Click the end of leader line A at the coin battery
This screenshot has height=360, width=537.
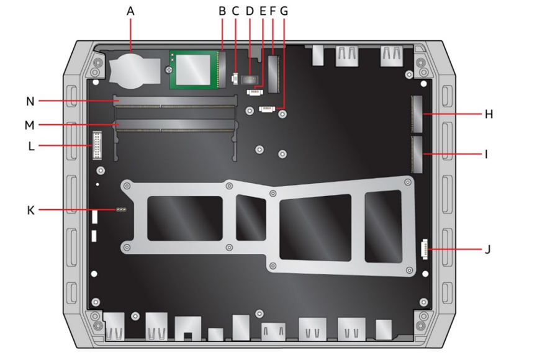tap(131, 52)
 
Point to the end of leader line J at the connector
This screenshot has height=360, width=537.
tap(428, 250)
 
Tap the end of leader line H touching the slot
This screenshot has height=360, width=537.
tap(423, 114)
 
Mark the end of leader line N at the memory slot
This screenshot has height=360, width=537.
tap(118, 101)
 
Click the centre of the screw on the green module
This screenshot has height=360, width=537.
tap(168, 70)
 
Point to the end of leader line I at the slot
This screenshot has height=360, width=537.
tap(423, 154)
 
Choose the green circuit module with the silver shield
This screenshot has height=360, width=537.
tap(194, 70)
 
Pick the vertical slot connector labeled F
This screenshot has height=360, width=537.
tap(274, 74)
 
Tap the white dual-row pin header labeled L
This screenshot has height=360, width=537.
tap(97, 145)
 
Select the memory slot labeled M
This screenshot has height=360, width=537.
tap(175, 125)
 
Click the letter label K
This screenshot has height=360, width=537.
tap(31, 210)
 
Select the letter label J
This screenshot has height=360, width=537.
tap(488, 250)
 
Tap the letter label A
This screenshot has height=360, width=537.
tap(130, 11)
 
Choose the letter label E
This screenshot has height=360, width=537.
tap(263, 11)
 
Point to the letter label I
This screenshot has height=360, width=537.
tap(486, 155)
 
